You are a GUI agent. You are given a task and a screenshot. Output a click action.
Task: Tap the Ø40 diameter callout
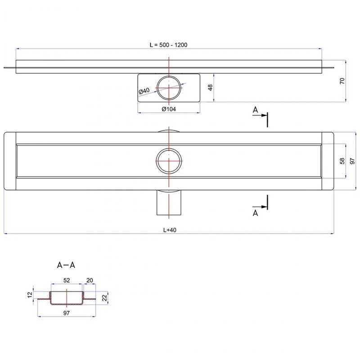tap(144, 91)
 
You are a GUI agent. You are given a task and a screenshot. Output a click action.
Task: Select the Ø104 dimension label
tap(168, 108)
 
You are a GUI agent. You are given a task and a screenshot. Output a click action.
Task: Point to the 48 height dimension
tap(210, 87)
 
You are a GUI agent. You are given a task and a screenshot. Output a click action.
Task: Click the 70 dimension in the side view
tap(342, 81)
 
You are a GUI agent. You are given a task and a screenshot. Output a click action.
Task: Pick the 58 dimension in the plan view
tap(342, 161)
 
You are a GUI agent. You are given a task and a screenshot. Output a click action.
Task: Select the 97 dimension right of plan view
tap(352, 161)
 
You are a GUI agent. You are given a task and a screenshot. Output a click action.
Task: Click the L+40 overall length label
tap(169, 229)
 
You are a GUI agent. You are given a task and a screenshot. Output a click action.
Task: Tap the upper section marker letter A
tap(255, 109)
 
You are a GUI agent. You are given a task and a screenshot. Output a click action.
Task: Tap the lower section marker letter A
tap(255, 213)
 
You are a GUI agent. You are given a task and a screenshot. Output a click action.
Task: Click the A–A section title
tap(66, 265)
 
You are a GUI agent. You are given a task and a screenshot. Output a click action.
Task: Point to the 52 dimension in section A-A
tap(67, 280)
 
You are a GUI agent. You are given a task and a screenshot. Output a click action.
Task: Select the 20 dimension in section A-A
tap(89, 280)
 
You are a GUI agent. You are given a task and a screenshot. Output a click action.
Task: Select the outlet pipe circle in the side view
tap(169, 87)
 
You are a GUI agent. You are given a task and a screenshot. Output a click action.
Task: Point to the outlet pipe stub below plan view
tap(169, 203)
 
